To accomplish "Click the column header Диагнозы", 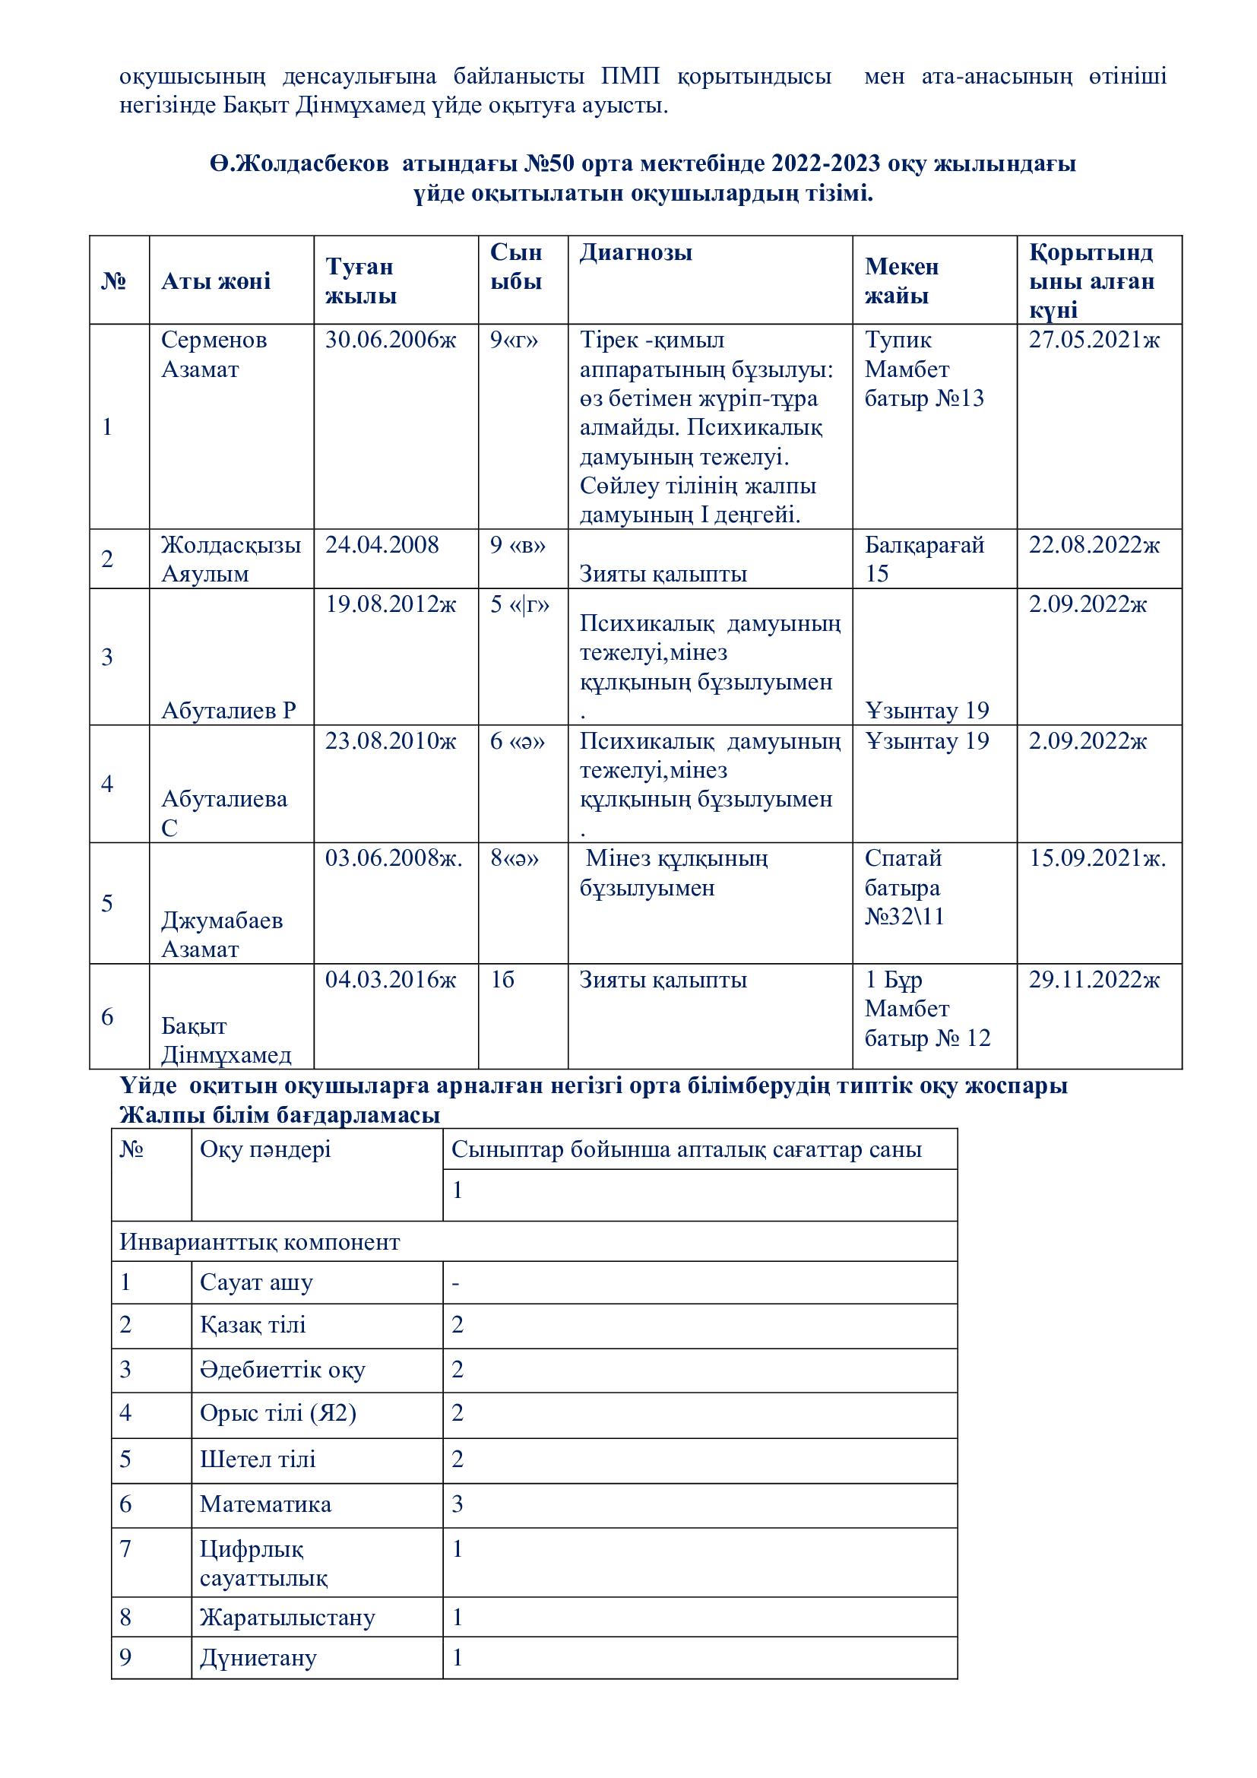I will (x=635, y=252).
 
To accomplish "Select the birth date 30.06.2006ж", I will (x=390, y=340).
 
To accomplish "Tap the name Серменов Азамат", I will (x=214, y=354).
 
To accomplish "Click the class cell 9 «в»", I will (x=517, y=545).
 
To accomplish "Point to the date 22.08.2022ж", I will (x=1094, y=545).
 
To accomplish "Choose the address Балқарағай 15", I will (x=923, y=559).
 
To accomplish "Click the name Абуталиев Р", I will (x=228, y=710).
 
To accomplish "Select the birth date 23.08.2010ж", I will (x=390, y=741).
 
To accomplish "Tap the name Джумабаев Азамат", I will (x=221, y=935).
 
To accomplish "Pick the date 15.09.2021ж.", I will (x=1097, y=858).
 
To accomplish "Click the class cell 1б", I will (x=502, y=980).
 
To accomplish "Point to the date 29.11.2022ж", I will (x=1094, y=980).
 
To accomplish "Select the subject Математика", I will (x=264, y=1504).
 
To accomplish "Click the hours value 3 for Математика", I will (x=458, y=1504).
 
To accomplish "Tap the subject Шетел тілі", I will (x=258, y=1459).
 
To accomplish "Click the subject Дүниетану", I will (x=258, y=1657).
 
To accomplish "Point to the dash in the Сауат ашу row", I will (x=456, y=1283).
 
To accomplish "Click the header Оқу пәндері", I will (x=264, y=1149).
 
